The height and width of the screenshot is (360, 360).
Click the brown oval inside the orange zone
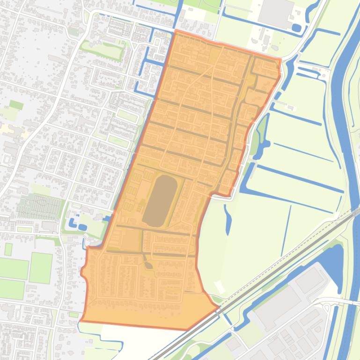click(x=160, y=201)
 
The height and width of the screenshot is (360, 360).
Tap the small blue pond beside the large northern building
click(x=296, y=28)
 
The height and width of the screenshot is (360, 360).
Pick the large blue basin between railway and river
click(x=328, y=259)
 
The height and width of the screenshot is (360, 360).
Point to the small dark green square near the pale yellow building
click(x=16, y=105)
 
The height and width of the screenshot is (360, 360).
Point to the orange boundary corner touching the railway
click(x=218, y=307)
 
